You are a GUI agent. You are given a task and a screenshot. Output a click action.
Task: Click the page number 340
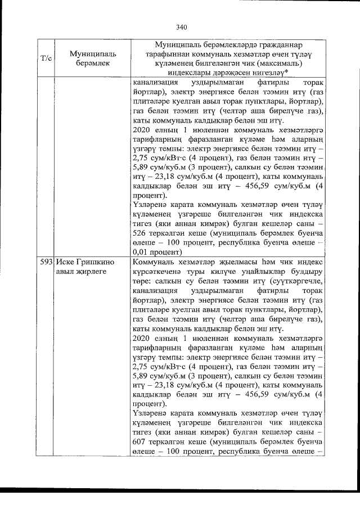click(181, 26)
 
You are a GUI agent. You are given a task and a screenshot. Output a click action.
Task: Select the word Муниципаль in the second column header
click(88, 53)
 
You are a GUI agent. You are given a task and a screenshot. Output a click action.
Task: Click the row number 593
click(46, 263)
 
